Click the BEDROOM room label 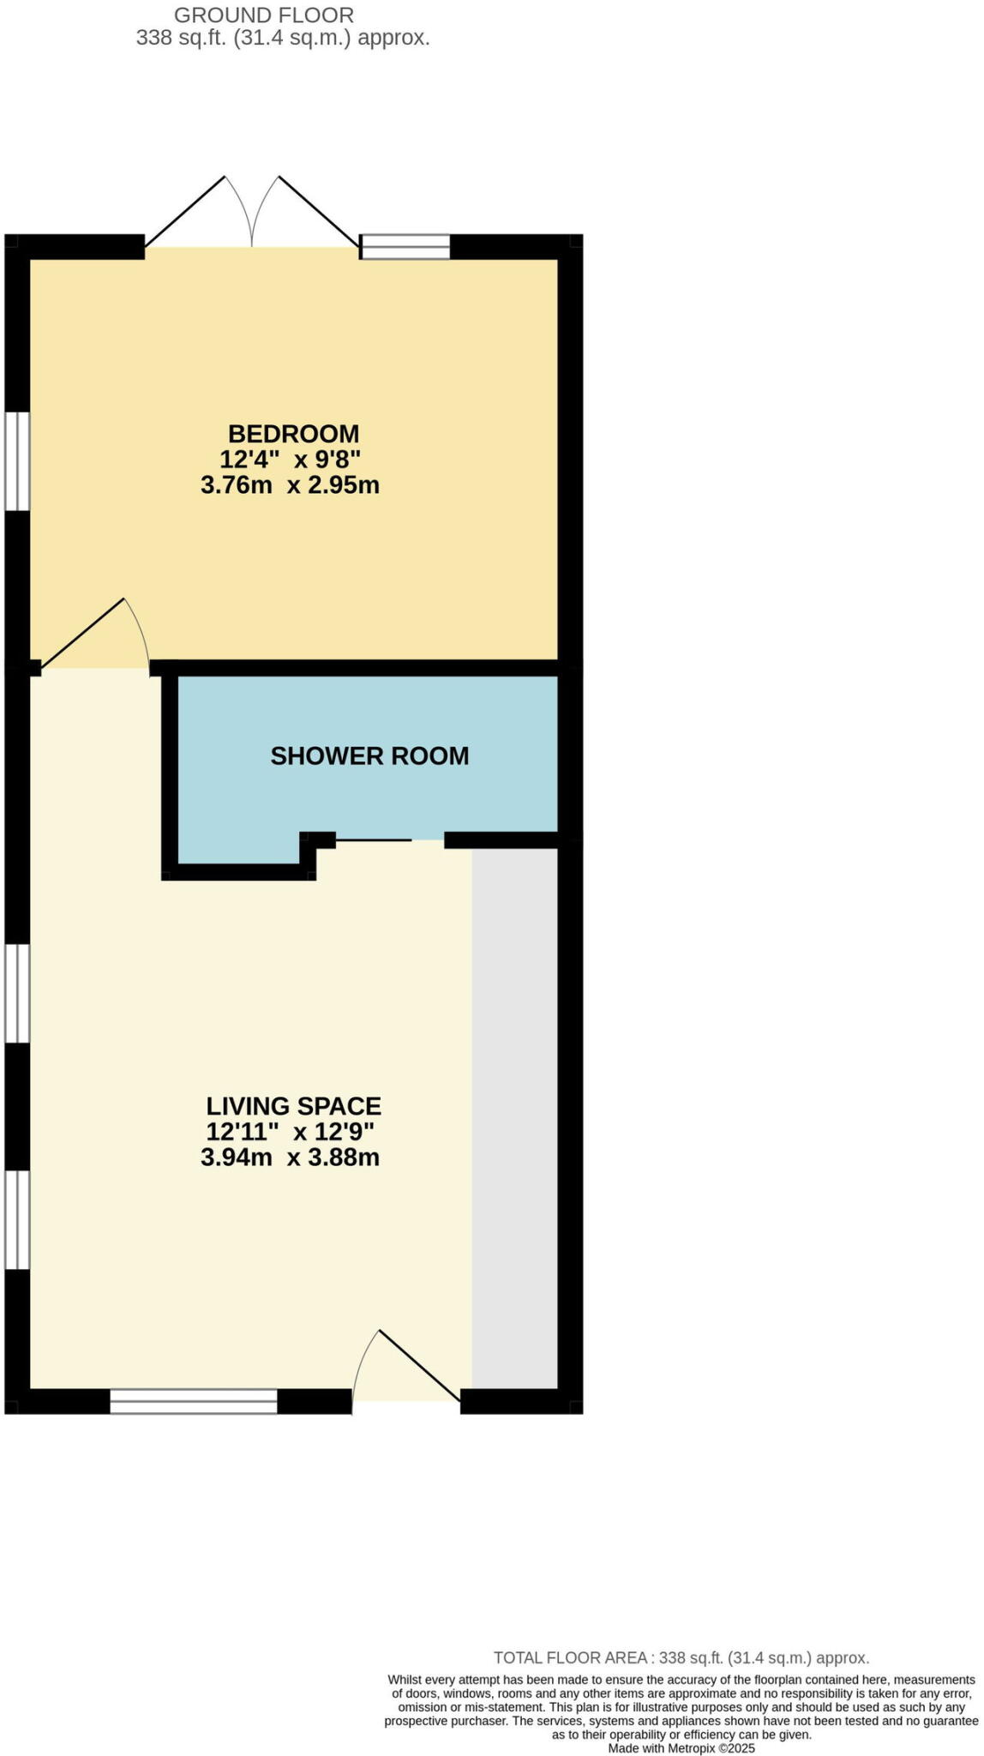(293, 434)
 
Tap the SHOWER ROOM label (369, 756)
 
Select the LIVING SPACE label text (293, 1106)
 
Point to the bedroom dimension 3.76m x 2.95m (290, 485)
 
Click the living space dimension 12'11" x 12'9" (291, 1132)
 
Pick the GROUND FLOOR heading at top (264, 15)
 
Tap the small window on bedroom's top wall (405, 247)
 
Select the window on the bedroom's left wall (18, 462)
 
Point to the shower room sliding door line (374, 840)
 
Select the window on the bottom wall (194, 1402)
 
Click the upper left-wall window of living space (18, 993)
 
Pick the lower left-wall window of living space (18, 1219)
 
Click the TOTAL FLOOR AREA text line (681, 1658)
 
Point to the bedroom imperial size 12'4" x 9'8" (290, 460)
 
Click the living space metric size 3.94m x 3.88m (290, 1158)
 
